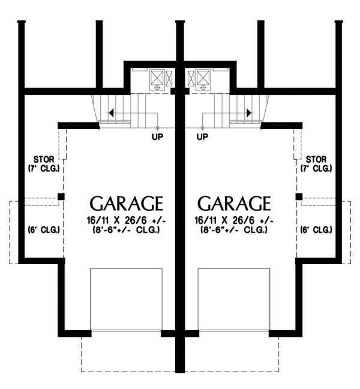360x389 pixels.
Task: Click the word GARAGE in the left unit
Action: [127, 202]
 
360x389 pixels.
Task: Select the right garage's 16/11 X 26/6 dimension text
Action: [235, 220]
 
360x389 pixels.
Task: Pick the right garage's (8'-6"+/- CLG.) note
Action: [235, 230]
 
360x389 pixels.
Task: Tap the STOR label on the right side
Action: [316, 160]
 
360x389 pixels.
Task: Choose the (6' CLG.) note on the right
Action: [316, 230]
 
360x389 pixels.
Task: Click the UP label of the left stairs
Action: [158, 137]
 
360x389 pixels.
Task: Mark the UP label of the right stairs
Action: [203, 137]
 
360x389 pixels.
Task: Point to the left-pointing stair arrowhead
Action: [111, 112]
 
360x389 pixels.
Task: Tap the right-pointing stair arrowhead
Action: [249, 112]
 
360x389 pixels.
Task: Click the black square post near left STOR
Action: [61, 196]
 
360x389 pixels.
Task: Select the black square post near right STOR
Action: [299, 196]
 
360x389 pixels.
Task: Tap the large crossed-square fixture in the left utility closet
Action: [157, 77]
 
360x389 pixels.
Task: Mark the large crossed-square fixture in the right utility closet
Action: [203, 77]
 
